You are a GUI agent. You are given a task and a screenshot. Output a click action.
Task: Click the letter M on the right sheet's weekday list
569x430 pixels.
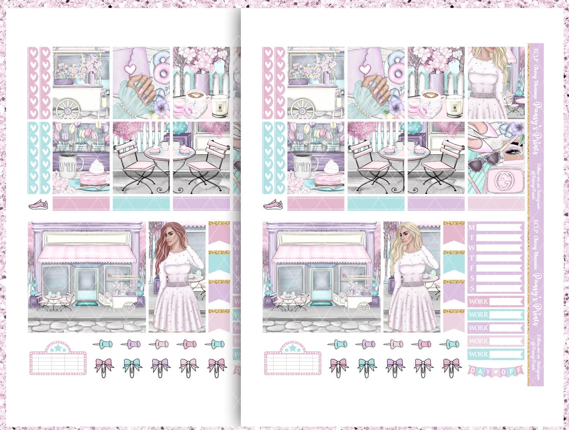[472, 228]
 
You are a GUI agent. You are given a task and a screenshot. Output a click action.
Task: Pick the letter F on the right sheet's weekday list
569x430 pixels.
[472, 268]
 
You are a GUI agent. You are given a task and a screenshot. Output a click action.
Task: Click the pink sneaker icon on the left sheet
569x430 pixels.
[39, 204]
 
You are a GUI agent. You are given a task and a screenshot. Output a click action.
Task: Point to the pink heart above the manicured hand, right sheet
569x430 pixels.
[365, 69]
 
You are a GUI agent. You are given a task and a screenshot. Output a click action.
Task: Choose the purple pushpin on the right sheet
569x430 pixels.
[367, 344]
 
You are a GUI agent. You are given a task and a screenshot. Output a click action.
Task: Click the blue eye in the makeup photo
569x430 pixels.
[511, 151]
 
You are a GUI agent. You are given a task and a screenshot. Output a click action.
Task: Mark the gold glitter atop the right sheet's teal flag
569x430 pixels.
[454, 252]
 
